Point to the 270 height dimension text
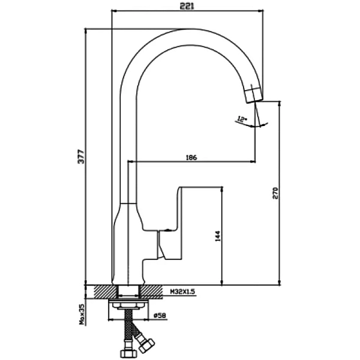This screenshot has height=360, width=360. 275,192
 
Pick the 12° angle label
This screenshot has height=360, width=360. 242,119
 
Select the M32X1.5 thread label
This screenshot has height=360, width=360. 184,291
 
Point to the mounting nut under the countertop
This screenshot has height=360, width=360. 128,305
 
